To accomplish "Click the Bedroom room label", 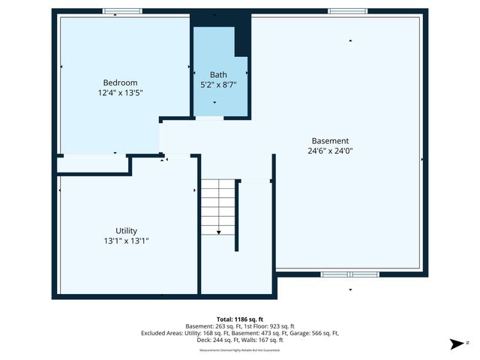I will pyautogui.click(x=120, y=82).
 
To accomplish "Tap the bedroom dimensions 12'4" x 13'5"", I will pyautogui.click(x=120, y=93).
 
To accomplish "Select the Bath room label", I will pyautogui.click(x=218, y=75).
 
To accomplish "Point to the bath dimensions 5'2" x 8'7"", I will pyautogui.click(x=218, y=85).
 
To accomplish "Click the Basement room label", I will pyautogui.click(x=330, y=140).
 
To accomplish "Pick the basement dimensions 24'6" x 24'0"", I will pyautogui.click(x=330, y=151).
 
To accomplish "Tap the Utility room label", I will pyautogui.click(x=126, y=231).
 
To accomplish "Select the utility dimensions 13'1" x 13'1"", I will pyautogui.click(x=126, y=241).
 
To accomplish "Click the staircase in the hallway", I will pyautogui.click(x=217, y=206).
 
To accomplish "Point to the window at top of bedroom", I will pyautogui.click(x=122, y=11).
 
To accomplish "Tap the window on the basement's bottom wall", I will pyautogui.click(x=353, y=274).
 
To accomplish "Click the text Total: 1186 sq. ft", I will pyautogui.click(x=240, y=319).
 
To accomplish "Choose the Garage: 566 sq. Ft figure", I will pyautogui.click(x=313, y=333).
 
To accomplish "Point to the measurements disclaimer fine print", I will pyautogui.click(x=240, y=350).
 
